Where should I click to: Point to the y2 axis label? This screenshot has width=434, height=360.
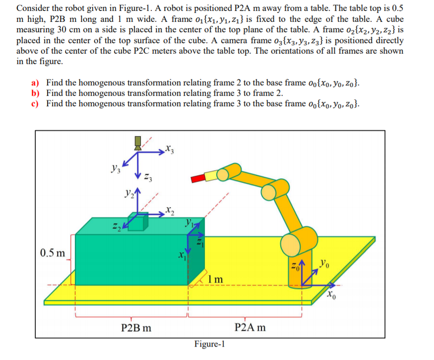(x=128, y=192)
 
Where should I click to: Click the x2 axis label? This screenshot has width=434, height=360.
(x=170, y=209)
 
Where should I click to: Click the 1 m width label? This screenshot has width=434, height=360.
(x=215, y=280)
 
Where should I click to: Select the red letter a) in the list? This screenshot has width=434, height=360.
(x=36, y=83)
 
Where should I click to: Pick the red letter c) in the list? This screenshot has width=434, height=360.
(x=36, y=103)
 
